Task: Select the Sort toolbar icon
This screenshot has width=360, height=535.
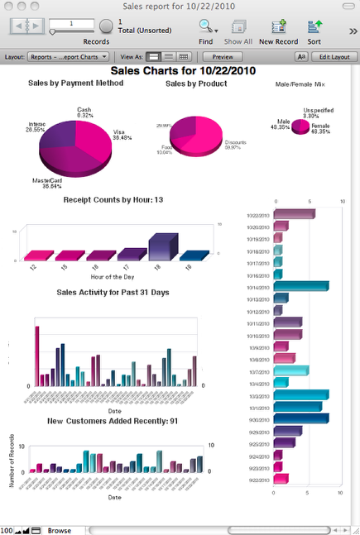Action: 314,26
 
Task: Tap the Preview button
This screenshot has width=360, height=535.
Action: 223,57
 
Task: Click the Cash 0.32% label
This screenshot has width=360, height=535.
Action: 84,112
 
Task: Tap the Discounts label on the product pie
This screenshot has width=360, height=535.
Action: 235,141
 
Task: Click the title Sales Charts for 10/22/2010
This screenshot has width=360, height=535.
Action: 180,72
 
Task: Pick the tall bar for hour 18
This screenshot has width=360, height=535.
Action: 162,247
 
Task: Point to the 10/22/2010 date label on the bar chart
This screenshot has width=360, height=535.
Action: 259,214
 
